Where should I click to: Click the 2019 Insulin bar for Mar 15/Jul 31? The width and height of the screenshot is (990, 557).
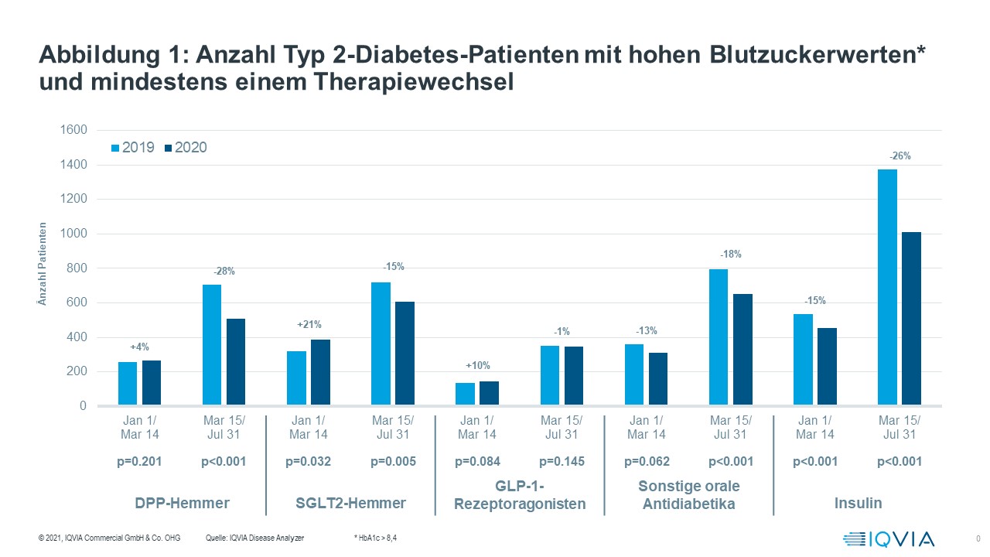pos(887,287)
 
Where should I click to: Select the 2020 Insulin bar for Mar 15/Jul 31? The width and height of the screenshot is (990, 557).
pos(911,318)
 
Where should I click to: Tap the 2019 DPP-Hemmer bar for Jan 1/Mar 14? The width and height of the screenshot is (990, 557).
pos(128,383)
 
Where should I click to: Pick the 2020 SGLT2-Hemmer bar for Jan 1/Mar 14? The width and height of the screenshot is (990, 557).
pos(320,372)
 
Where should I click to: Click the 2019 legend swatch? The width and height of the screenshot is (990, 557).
pos(116,147)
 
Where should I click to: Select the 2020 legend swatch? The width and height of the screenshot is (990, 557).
pos(168,147)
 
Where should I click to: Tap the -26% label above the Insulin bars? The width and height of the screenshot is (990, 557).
pos(900,155)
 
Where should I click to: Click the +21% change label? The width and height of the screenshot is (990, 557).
pos(309,325)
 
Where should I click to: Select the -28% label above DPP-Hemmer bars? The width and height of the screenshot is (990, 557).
pos(224,271)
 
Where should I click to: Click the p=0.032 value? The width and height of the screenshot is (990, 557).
pos(309,462)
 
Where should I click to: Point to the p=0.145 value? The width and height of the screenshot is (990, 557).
pos(562,462)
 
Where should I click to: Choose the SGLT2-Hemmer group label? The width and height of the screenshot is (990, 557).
pos(351,503)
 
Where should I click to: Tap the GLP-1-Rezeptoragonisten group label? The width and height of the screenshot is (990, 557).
pos(520,495)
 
